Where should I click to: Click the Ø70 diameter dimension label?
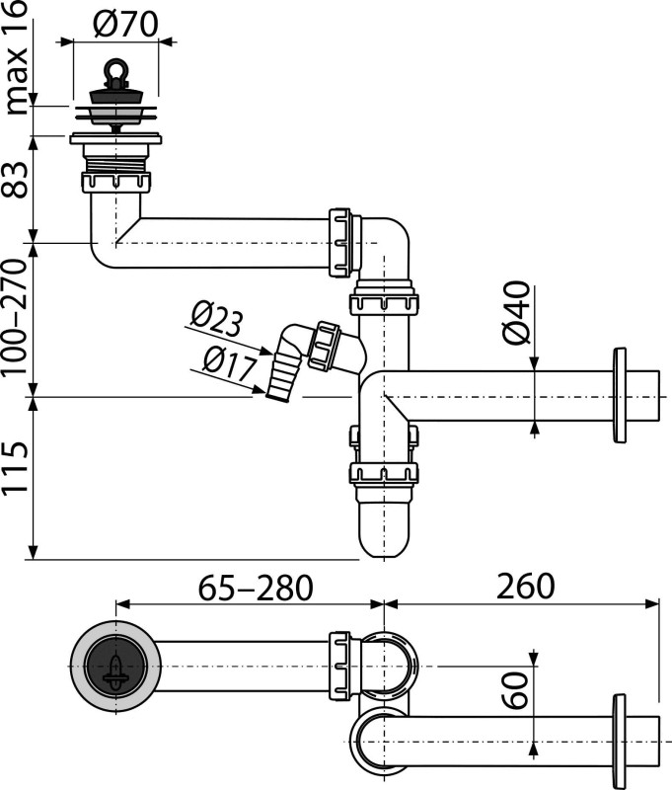[126, 24]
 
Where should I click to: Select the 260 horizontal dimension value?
[520, 588]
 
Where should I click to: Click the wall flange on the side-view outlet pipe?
[620, 395]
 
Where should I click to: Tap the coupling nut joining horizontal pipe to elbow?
[340, 242]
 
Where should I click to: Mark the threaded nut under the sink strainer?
[114, 185]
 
